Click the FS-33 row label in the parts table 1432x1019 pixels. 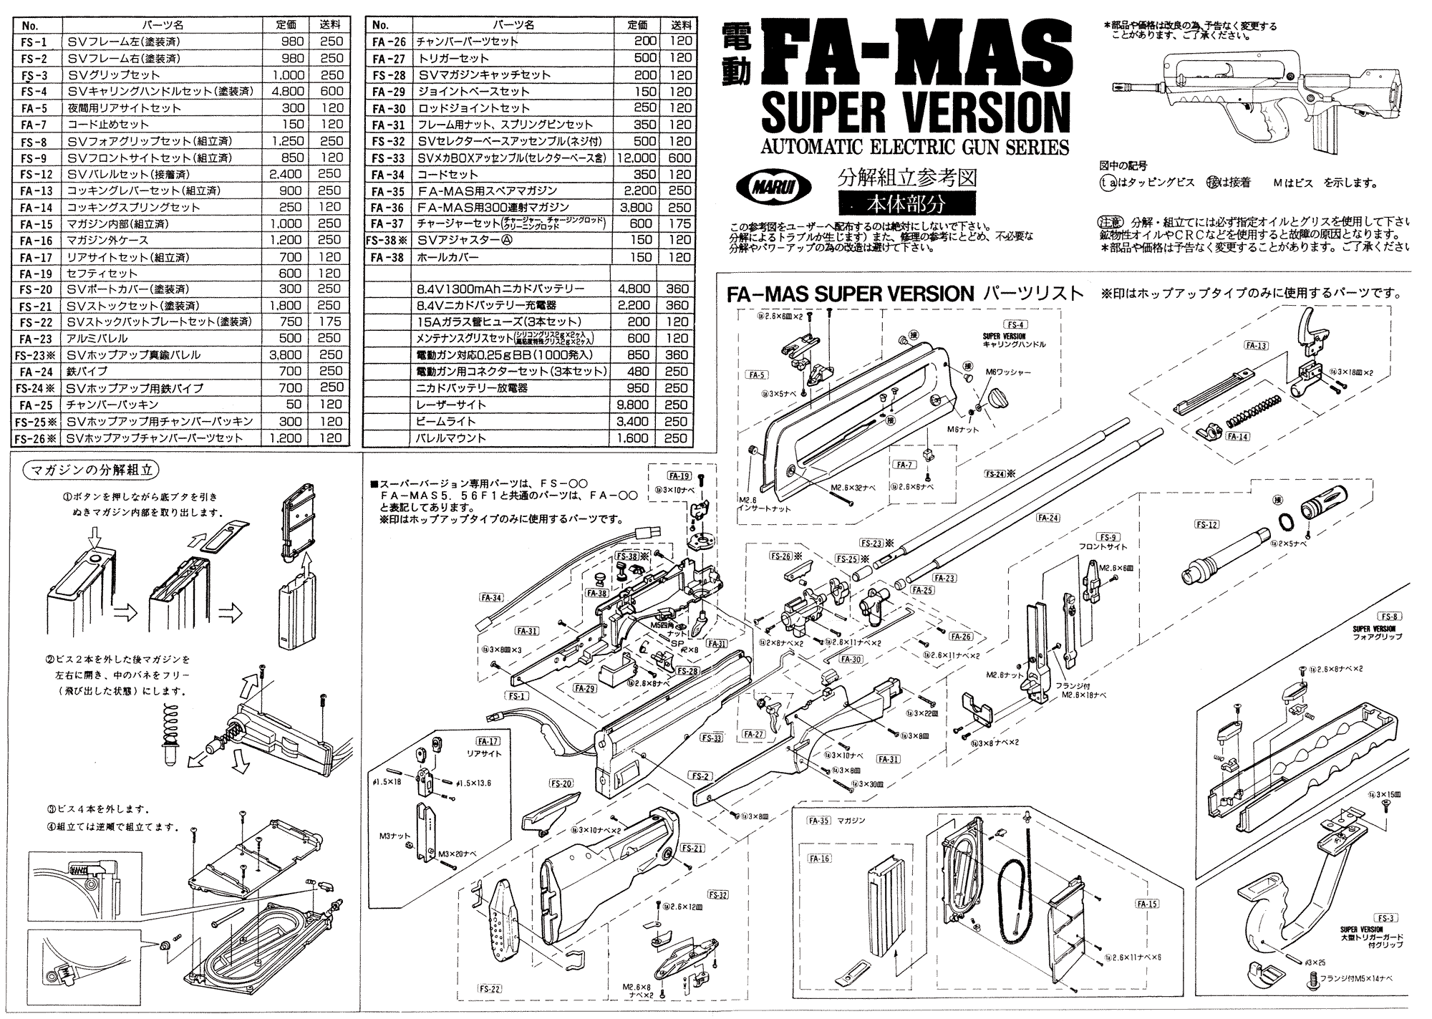[389, 158]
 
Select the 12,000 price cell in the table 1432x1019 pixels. [634, 158]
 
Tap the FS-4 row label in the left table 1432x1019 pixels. [34, 92]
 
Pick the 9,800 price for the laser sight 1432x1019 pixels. [634, 405]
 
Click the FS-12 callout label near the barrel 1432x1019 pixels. [1206, 524]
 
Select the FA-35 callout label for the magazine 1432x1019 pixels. [818, 821]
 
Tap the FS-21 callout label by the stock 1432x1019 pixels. [693, 848]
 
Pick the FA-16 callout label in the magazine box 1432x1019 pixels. [820, 858]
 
